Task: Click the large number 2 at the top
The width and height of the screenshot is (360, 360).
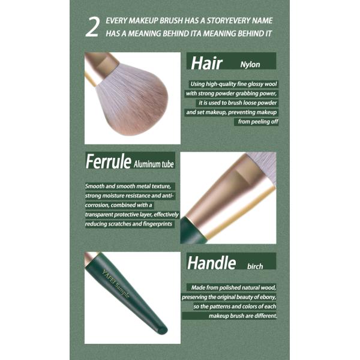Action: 91,28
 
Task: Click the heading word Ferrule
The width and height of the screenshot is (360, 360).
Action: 108,162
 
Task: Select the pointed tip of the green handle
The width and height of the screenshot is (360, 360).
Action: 161,329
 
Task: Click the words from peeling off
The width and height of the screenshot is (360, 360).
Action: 258,121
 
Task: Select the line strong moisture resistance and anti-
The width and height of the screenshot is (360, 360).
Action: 128,195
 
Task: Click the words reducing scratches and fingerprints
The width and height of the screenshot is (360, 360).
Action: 128,224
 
